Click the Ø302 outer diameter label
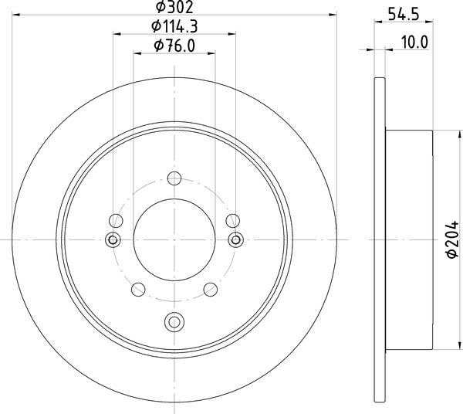pyautogui.click(x=174, y=7)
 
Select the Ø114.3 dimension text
pyautogui.click(x=174, y=26)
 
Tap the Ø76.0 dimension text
pyautogui.click(x=174, y=46)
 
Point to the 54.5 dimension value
pyautogui.click(x=404, y=14)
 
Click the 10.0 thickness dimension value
pyautogui.click(x=414, y=42)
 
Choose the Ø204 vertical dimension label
pyautogui.click(x=452, y=239)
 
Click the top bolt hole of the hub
pyautogui.click(x=174, y=178)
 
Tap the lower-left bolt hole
pyautogui.click(x=138, y=290)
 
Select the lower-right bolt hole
pyautogui.click(x=211, y=290)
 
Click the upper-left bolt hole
pyautogui.click(x=116, y=220)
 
